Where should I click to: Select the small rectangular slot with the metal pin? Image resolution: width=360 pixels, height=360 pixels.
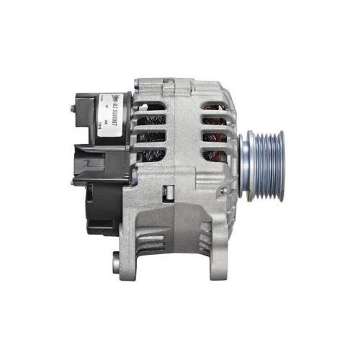click(167, 192)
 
